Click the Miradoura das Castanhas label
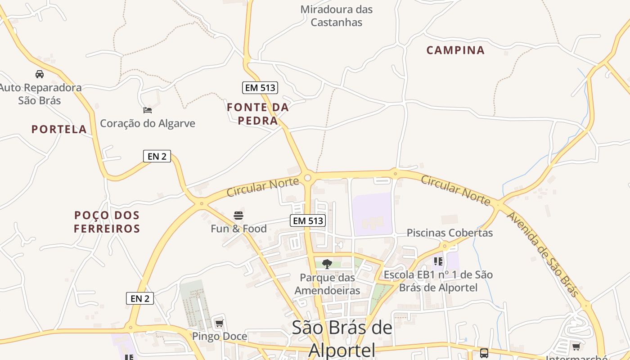(337, 16)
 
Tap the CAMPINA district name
(455, 50)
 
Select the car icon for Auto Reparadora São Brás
(40, 74)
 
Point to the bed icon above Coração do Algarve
(147, 110)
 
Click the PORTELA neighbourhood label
(59, 130)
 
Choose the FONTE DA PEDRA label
(258, 114)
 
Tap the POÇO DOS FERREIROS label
(107, 222)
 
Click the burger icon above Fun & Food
(238, 216)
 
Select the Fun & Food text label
(238, 229)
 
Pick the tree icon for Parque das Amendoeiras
(327, 264)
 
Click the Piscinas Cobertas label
(450, 233)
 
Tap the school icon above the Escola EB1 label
(438, 261)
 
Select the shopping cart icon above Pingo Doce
(219, 324)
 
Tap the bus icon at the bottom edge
(484, 353)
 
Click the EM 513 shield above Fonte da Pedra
(260, 88)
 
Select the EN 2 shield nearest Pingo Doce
(140, 298)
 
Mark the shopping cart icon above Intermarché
(576, 346)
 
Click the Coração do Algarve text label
(148, 123)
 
